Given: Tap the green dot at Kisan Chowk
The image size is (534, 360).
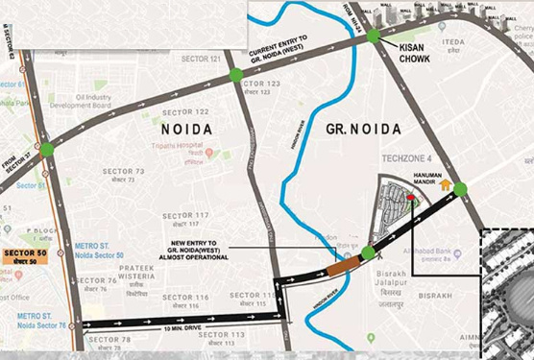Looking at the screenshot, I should click(x=373, y=36).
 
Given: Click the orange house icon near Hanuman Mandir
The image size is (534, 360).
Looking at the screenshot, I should click(x=445, y=184).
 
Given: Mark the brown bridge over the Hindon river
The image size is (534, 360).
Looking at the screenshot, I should click(x=347, y=257).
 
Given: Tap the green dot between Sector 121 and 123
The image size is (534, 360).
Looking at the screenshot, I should click(x=235, y=75).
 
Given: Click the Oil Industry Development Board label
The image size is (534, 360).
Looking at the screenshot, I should click(x=99, y=100).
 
